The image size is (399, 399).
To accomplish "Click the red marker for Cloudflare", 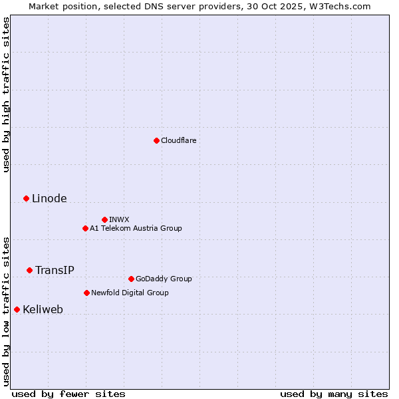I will (156, 140).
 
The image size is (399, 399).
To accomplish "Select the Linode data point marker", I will (26, 198).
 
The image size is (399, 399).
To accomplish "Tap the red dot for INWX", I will (104, 219).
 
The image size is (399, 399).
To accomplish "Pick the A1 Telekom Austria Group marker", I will (85, 228).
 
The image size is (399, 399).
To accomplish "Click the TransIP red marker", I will (29, 270).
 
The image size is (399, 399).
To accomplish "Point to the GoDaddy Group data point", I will (131, 279).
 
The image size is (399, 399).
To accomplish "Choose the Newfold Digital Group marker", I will (86, 293).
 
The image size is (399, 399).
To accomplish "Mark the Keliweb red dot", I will (17, 309).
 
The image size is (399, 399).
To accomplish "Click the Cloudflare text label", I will (178, 140).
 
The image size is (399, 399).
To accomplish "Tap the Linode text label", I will (49, 198).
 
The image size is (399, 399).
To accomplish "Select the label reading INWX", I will (119, 219).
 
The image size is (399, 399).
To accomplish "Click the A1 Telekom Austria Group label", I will (136, 228).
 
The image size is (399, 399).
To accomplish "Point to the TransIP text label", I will (55, 270).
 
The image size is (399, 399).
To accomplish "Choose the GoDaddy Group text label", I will (164, 279).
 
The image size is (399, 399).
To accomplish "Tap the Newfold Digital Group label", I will (130, 293).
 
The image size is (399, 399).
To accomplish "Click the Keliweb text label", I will (43, 309).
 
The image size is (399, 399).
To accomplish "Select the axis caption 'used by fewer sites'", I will (68, 394).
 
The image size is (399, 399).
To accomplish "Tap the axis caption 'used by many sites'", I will (334, 394).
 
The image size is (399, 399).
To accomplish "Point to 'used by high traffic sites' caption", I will (6, 94).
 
